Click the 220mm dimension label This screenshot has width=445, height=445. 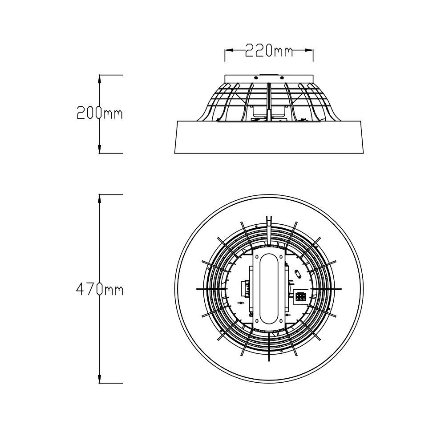[x=269, y=51]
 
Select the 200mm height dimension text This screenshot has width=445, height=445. [x=99, y=113]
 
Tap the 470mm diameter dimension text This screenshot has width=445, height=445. [x=99, y=290]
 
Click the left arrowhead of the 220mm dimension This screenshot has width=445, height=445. [x=227, y=51]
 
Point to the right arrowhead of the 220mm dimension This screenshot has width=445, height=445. [x=311, y=51]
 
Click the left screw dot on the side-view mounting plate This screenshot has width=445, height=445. [x=256, y=77]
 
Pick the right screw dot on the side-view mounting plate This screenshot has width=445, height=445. [x=282, y=77]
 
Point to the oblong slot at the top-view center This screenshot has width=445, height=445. [x=269, y=289]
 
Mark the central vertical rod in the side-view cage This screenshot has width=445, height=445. [x=269, y=100]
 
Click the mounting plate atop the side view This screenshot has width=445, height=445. [x=269, y=78]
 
